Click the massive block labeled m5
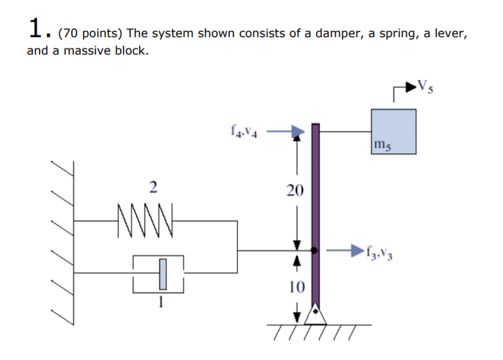393,131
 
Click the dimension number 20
295,190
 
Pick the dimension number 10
296,288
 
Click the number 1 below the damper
161,303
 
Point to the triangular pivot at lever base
316,315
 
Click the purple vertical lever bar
316,188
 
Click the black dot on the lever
315,250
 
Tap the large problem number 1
36,28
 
